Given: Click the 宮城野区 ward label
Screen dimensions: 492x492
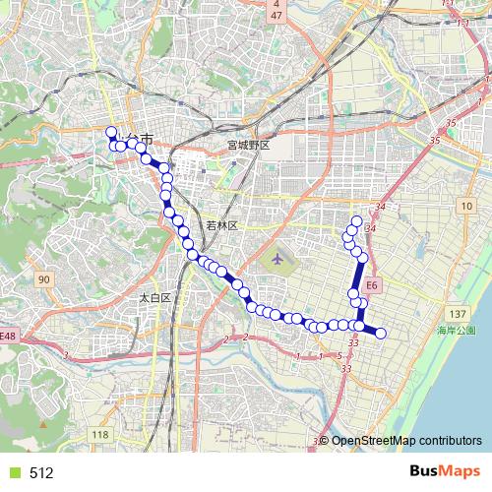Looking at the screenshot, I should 248,145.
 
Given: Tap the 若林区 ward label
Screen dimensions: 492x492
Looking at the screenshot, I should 222,225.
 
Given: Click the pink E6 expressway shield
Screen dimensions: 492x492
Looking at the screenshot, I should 371,285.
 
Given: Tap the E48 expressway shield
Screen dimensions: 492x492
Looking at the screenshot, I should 8,337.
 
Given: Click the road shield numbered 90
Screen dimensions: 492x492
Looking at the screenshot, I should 44,280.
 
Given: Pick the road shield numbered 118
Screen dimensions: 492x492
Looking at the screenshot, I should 99,435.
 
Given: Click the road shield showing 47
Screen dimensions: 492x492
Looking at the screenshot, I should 277,17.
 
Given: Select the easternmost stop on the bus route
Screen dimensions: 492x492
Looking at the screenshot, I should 381,333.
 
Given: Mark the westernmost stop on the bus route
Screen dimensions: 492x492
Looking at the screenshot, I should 110,131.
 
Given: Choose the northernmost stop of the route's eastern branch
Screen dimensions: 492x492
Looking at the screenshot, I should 356,220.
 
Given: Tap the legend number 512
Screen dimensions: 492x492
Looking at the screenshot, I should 41,472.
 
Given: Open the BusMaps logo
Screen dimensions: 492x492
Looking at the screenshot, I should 445,471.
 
